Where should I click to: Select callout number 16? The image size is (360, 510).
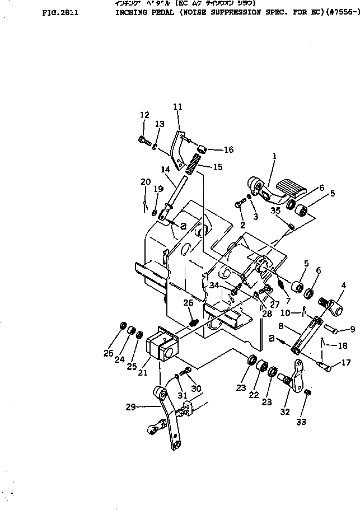(228, 150)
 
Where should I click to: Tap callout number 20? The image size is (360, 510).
(146, 182)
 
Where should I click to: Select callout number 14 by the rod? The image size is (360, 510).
(165, 169)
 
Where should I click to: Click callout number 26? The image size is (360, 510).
(188, 304)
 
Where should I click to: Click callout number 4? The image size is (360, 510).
(342, 284)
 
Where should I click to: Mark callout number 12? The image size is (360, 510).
(144, 115)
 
